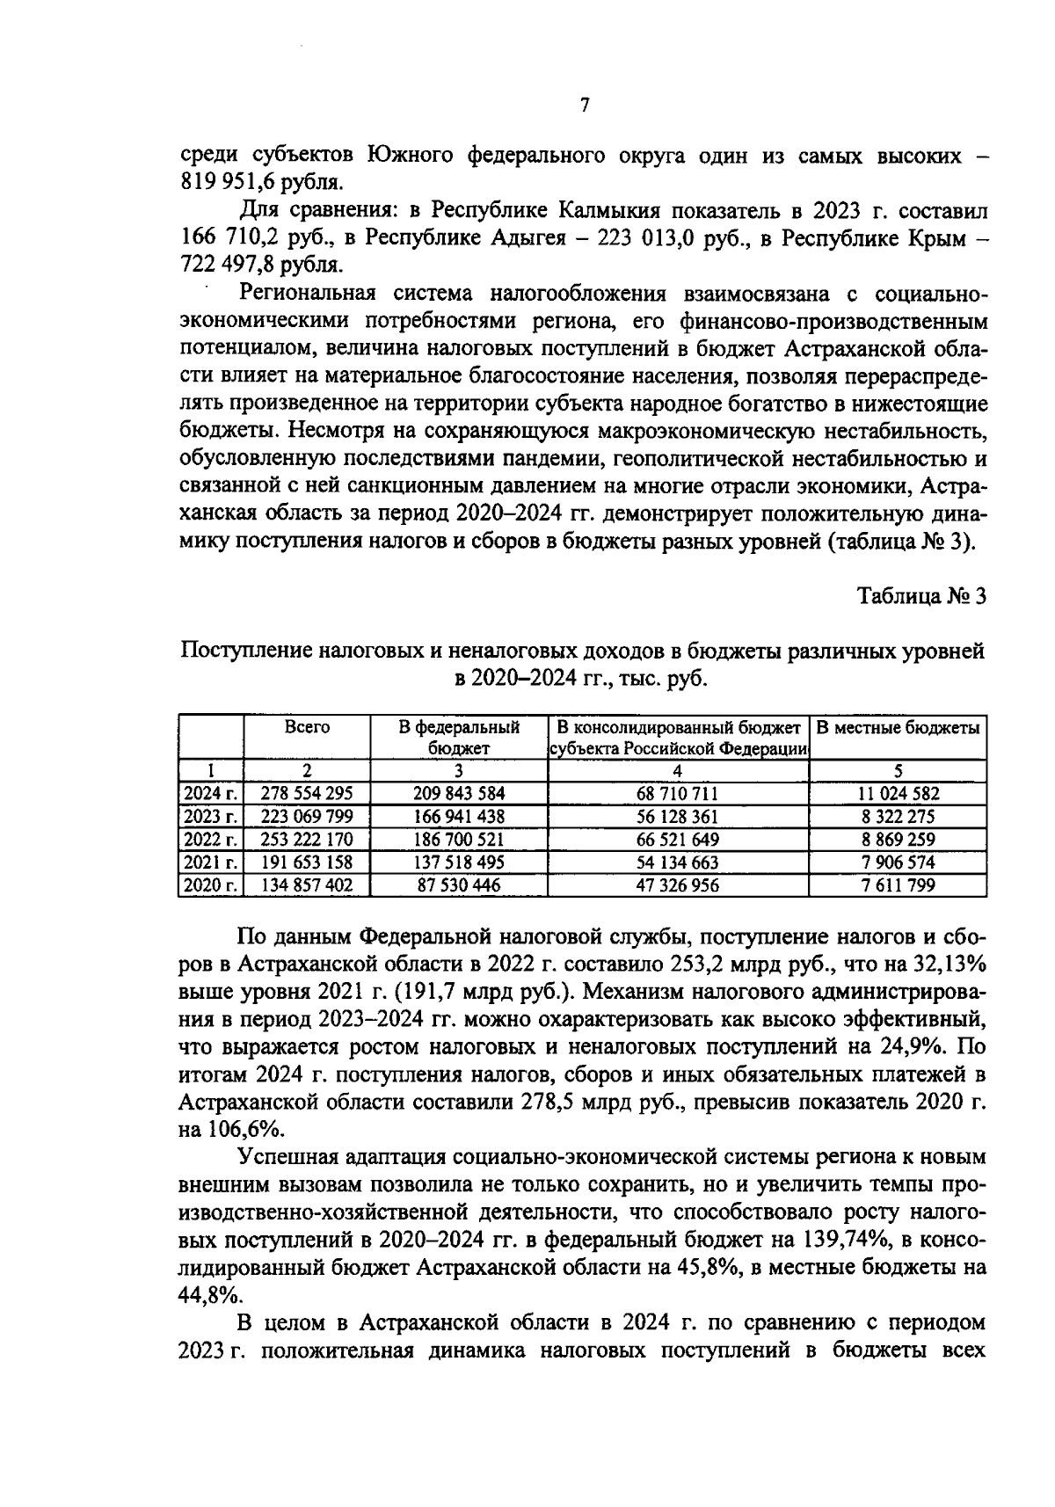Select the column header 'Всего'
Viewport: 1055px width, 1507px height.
(x=307, y=727)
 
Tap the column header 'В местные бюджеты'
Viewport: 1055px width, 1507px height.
(x=898, y=727)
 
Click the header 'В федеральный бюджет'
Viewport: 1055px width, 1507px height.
(x=458, y=738)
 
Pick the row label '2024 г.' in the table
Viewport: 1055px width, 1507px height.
(x=211, y=793)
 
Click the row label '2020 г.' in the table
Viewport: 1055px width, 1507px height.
(x=211, y=885)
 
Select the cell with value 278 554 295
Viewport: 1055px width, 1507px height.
(x=307, y=793)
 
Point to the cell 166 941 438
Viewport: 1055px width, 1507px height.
(x=458, y=816)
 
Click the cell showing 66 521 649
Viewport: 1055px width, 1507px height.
(x=677, y=840)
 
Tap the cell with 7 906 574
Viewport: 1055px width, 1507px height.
(x=898, y=863)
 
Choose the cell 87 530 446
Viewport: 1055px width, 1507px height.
(x=458, y=885)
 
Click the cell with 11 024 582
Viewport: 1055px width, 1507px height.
(x=898, y=793)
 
